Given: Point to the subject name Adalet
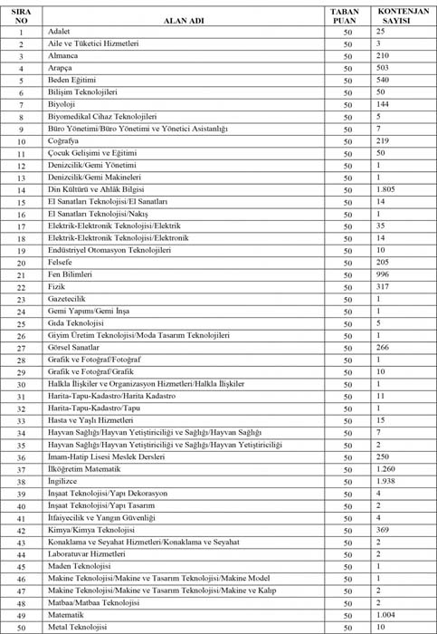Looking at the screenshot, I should [60, 32].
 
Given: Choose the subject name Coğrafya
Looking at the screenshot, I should [64, 140].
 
